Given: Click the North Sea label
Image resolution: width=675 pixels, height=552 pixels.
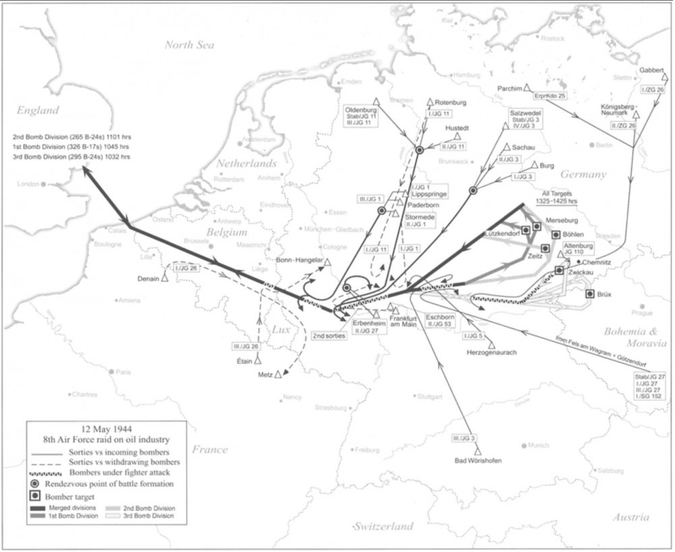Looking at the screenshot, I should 190,45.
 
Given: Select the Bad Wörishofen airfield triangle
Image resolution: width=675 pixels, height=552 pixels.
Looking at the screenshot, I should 478,450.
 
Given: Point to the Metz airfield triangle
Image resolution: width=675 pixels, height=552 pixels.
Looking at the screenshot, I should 277,374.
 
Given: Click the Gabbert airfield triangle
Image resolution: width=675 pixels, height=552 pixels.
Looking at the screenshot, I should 664,77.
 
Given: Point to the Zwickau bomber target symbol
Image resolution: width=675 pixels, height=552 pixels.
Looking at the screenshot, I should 559,270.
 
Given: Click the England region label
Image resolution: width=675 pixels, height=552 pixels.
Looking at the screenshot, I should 38,111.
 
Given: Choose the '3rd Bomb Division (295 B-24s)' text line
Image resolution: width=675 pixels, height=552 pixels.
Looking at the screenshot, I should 71,157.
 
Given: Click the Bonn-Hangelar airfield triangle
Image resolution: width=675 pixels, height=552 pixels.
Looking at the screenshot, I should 327,261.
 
